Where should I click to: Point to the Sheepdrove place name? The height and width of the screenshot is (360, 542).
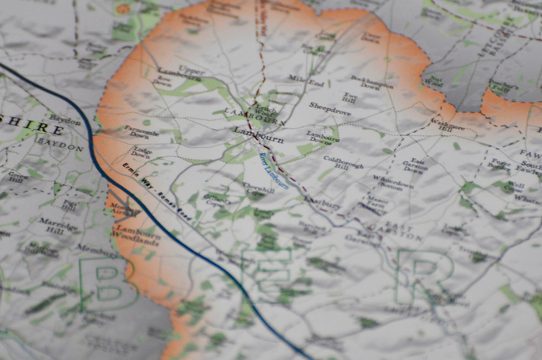pos(330,109)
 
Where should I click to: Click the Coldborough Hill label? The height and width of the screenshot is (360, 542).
pos(343,162)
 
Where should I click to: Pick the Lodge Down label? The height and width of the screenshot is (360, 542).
pos(142,153)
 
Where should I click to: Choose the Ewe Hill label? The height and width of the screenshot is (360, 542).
pos(349,97)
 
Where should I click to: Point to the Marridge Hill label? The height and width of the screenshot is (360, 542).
pos(58,225)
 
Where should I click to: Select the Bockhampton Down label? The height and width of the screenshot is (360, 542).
pos(372,82)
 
